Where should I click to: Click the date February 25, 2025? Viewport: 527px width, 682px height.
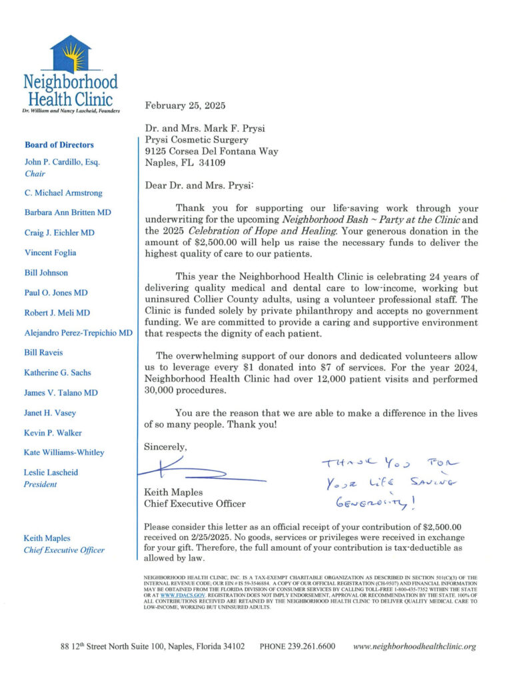coord(185,105)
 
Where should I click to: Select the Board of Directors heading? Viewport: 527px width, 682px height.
coord(59,145)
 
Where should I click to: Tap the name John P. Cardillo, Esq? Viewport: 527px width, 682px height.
coord(61,162)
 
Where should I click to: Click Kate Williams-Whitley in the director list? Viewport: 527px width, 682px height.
coord(64,452)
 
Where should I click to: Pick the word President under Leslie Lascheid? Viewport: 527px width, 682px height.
coord(41,484)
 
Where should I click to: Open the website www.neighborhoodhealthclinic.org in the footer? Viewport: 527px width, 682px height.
coord(414,647)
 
